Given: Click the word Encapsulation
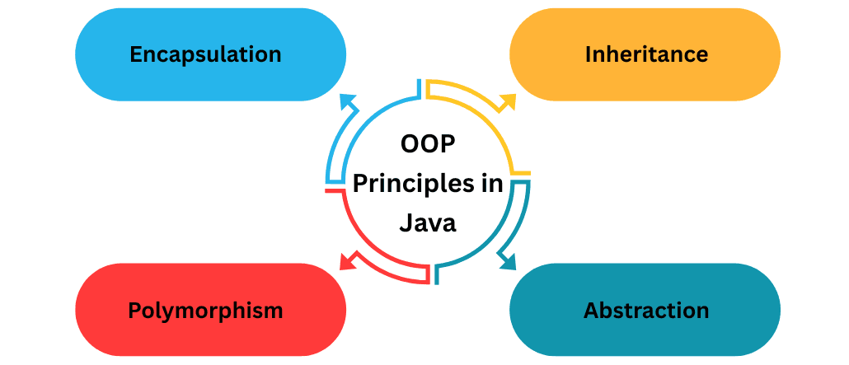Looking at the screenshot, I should point(205,54).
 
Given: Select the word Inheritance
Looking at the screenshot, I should point(646,54).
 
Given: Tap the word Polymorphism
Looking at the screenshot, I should point(205,311).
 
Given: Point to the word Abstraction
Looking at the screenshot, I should point(646,311).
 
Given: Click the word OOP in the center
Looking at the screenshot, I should point(428,145).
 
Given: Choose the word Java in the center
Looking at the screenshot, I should point(428,222).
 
